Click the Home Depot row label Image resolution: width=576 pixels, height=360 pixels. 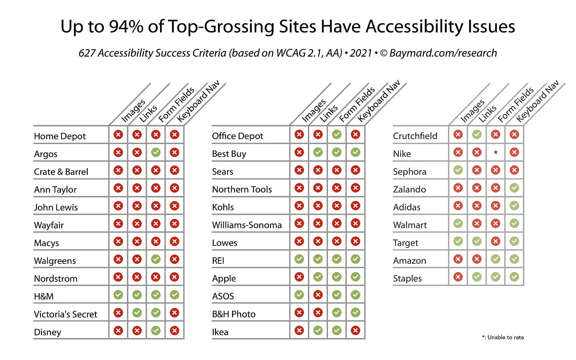click(60, 136)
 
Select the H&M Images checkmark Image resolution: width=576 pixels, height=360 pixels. click(118, 295)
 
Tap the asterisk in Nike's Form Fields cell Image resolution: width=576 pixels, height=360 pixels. click(495, 153)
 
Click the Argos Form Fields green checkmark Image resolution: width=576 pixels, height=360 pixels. click(156, 152)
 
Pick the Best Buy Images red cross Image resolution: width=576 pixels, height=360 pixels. click(299, 152)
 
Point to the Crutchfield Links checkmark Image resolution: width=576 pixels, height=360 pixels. click(477, 134)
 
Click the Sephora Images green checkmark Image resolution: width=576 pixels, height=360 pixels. click(458, 170)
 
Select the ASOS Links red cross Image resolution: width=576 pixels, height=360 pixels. click(318, 295)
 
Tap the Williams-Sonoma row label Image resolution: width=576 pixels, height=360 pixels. click(247, 225)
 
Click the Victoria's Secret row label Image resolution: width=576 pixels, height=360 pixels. click(65, 315)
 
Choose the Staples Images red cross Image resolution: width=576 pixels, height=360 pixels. click(458, 277)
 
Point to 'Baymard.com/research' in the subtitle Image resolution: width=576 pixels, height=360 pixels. click(443, 53)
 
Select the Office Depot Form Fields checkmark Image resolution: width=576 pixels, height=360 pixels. click(337, 134)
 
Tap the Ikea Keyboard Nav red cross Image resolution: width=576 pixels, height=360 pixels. click(355, 331)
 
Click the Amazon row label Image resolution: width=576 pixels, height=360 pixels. click(409, 261)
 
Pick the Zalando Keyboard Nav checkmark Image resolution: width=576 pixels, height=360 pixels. click(514, 188)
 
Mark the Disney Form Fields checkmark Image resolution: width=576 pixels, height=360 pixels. click(156, 331)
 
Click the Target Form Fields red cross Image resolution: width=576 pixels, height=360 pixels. click(495, 241)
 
